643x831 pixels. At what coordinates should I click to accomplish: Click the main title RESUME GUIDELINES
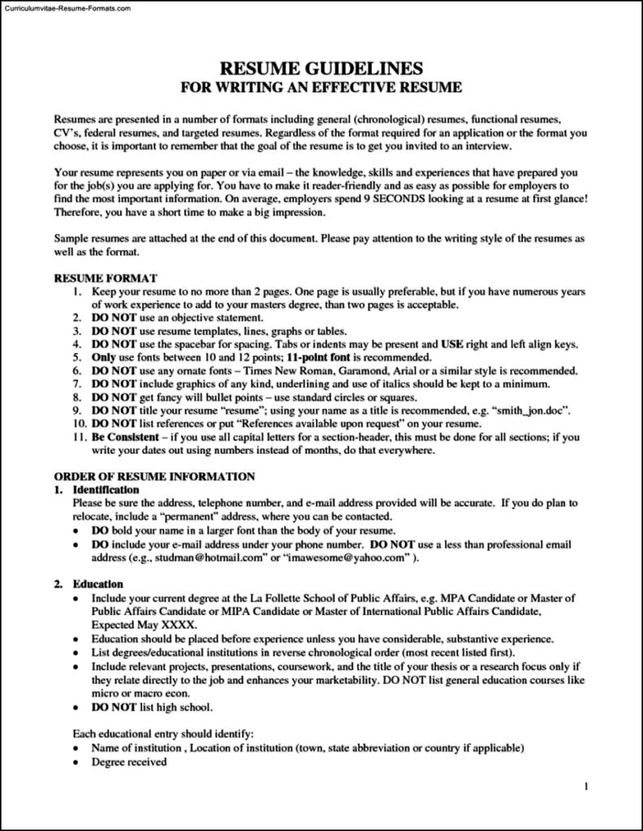pyautogui.click(x=321, y=67)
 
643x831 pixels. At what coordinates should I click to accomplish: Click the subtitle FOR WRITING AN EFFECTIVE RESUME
pyautogui.click(x=321, y=86)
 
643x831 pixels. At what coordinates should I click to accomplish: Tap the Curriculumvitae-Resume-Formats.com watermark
pyautogui.click(x=56, y=7)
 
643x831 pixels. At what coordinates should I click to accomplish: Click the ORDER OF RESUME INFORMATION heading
pyautogui.click(x=154, y=476)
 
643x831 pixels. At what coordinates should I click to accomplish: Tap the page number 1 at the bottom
pyautogui.click(x=586, y=786)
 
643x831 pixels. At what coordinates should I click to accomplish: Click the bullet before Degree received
pyautogui.click(x=76, y=763)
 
